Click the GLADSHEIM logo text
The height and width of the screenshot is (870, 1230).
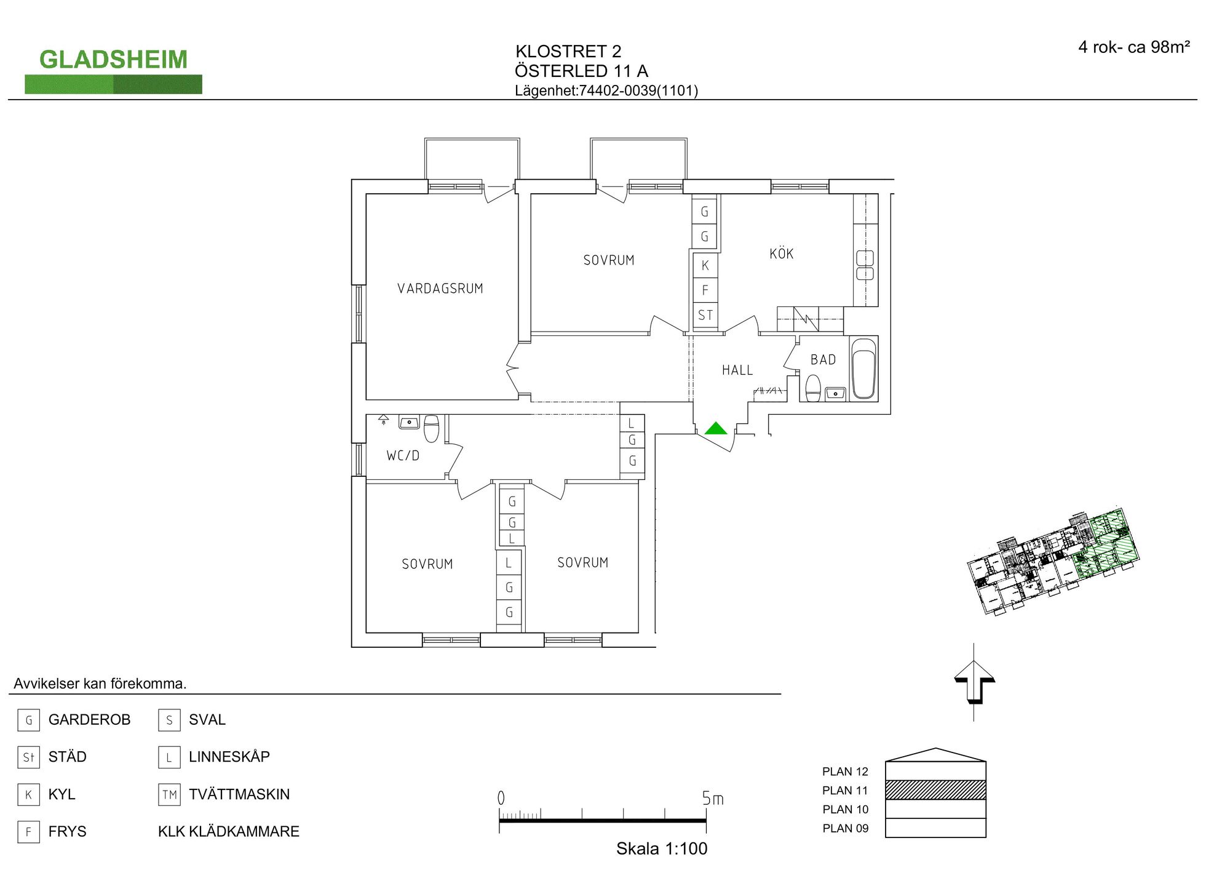click(113, 60)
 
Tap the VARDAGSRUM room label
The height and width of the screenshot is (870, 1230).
click(440, 289)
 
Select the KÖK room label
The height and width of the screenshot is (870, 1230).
click(782, 253)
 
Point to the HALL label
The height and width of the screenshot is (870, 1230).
click(737, 370)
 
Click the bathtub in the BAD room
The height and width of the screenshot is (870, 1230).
click(863, 368)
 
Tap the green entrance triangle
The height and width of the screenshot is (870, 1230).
click(715, 428)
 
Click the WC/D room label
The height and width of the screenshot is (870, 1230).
click(403, 456)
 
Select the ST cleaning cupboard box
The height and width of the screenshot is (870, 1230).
click(705, 316)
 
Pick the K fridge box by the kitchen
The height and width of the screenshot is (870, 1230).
click(705, 265)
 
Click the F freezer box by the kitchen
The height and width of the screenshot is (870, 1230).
click(705, 290)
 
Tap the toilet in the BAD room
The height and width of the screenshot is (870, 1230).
click(813, 388)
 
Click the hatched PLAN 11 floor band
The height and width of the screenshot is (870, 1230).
click(935, 790)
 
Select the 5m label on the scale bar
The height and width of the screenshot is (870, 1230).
click(713, 799)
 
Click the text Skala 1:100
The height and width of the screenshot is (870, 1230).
click(662, 849)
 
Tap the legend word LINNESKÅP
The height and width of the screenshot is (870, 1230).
click(229, 757)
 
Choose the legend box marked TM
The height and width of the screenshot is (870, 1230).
click(169, 795)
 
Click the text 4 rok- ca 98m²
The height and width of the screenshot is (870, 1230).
click(1134, 47)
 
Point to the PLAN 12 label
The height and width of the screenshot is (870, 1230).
click(845, 772)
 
